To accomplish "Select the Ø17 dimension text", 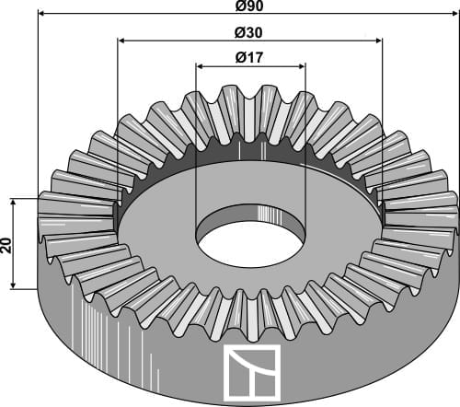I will (250, 57).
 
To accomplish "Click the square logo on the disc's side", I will (249, 373).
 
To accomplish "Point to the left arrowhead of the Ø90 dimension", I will (40, 15).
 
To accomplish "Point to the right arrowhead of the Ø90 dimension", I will (454, 15).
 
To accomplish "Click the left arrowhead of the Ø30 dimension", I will (121, 41).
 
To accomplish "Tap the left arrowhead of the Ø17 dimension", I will (201, 65).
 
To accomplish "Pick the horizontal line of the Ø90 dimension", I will (138, 15).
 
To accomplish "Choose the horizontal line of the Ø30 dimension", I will (184, 41).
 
